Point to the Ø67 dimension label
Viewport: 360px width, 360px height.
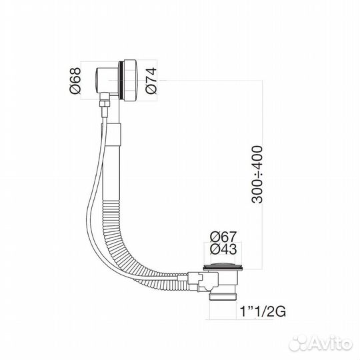click(223, 235)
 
